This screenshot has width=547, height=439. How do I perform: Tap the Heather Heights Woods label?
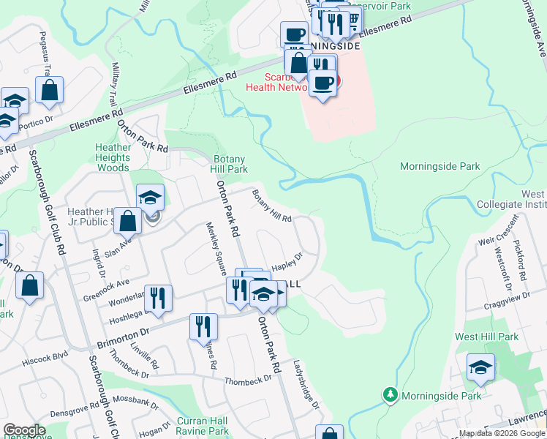(113, 157)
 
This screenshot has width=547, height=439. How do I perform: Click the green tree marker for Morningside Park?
(391, 395)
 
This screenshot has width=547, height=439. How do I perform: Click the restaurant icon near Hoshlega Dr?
(158, 298)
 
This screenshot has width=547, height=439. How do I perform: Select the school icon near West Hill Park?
(480, 367)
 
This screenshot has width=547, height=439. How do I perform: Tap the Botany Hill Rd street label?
(272, 206)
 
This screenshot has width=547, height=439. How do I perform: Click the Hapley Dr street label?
(287, 263)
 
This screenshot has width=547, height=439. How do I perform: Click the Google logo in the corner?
(24, 430)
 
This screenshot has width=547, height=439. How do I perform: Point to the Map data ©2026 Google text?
(502, 433)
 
